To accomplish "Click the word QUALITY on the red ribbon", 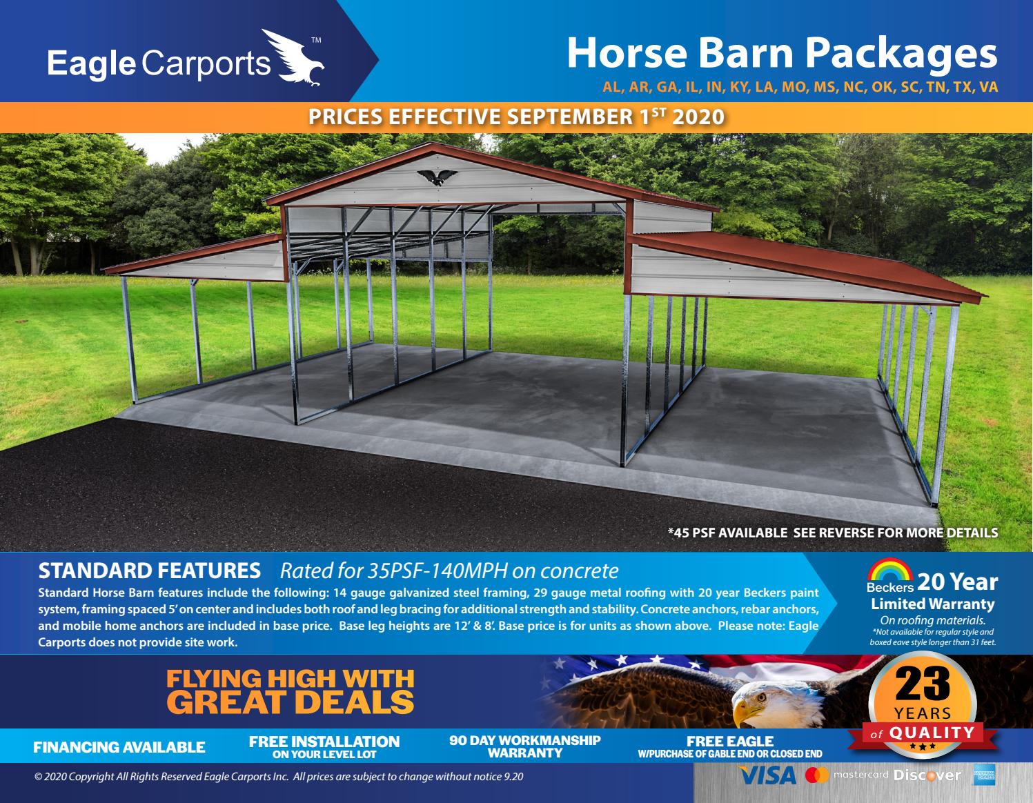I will [x=931, y=733].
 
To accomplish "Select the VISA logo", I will [x=767, y=775].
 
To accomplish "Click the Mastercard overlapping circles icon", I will [x=817, y=775].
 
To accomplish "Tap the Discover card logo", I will [x=927, y=775].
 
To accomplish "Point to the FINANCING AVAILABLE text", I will [x=119, y=747].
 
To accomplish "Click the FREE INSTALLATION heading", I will [x=324, y=742].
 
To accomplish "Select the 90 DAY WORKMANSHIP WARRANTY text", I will [x=525, y=746].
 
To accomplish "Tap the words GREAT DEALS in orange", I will [x=291, y=702].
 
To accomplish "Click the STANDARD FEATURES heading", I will [x=150, y=571].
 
